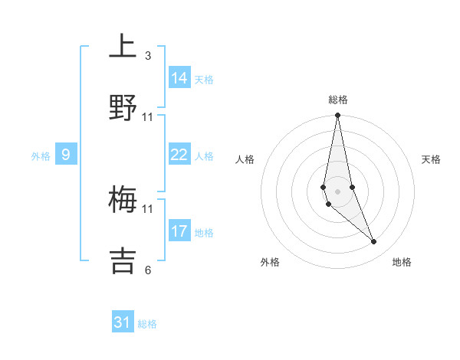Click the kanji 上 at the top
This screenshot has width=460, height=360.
click(123, 46)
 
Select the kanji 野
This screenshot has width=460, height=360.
click(123, 107)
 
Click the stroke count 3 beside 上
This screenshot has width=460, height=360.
click(148, 56)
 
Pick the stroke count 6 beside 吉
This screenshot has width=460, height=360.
click(148, 270)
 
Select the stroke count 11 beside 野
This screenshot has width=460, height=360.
click(148, 117)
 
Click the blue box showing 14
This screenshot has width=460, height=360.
click(179, 77)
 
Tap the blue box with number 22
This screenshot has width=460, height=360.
click(179, 155)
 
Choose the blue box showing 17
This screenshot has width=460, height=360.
click(179, 231)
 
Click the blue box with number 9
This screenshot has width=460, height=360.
click(66, 155)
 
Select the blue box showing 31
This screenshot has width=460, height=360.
click(123, 322)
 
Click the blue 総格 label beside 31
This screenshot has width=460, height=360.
click(147, 324)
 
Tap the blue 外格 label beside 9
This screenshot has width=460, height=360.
click(41, 156)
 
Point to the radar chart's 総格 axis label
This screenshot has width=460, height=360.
click(338, 100)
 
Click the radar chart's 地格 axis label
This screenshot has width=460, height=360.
click(402, 262)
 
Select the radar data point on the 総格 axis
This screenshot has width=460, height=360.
click(337, 116)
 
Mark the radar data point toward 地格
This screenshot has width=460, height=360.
click(374, 242)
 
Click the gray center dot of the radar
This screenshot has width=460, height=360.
click(337, 191)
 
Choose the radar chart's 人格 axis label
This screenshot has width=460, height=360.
click(245, 160)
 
